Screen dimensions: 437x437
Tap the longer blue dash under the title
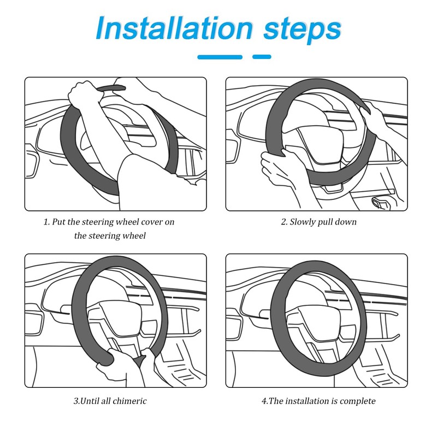coord(220,56)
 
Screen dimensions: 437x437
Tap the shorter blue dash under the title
coord(262,56)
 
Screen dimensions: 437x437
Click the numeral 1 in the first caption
coord(46,222)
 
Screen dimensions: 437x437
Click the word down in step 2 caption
coord(346,222)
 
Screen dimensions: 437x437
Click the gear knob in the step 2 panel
coord(378,204)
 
